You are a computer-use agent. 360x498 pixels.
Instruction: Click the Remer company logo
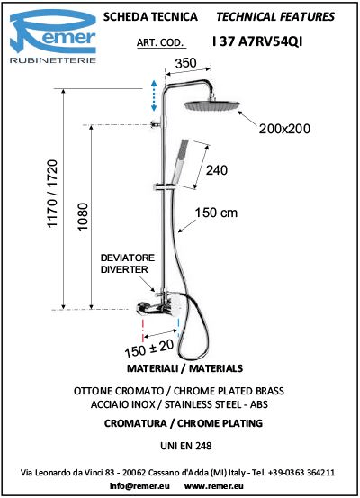(x=53, y=36)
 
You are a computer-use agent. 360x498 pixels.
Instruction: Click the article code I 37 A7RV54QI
(x=257, y=41)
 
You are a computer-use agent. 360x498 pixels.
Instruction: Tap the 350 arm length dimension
(x=186, y=63)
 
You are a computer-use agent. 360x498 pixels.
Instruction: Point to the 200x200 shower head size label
(x=284, y=129)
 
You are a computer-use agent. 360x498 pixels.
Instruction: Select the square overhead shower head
(x=212, y=105)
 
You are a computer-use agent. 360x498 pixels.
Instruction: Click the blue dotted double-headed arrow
(x=154, y=95)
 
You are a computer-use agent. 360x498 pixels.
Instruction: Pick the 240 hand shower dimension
(x=217, y=170)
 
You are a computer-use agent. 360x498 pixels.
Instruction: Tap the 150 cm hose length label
(x=216, y=213)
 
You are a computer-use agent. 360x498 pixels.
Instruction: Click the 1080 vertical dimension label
(x=83, y=217)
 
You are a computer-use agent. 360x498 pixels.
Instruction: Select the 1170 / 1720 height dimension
(x=53, y=194)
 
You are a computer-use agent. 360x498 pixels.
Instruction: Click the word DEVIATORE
(x=128, y=258)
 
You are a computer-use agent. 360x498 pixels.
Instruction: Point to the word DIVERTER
(x=124, y=269)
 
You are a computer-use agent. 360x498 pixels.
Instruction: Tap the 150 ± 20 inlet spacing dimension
(x=149, y=349)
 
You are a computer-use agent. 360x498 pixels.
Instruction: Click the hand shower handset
(x=180, y=163)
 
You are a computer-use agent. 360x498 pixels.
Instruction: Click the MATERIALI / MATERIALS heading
(x=184, y=368)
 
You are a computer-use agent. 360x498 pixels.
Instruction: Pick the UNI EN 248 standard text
(x=186, y=446)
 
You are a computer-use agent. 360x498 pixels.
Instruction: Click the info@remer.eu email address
(x=139, y=486)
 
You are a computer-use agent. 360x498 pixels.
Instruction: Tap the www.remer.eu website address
(x=214, y=486)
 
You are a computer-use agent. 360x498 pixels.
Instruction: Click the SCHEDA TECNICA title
(x=150, y=16)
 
